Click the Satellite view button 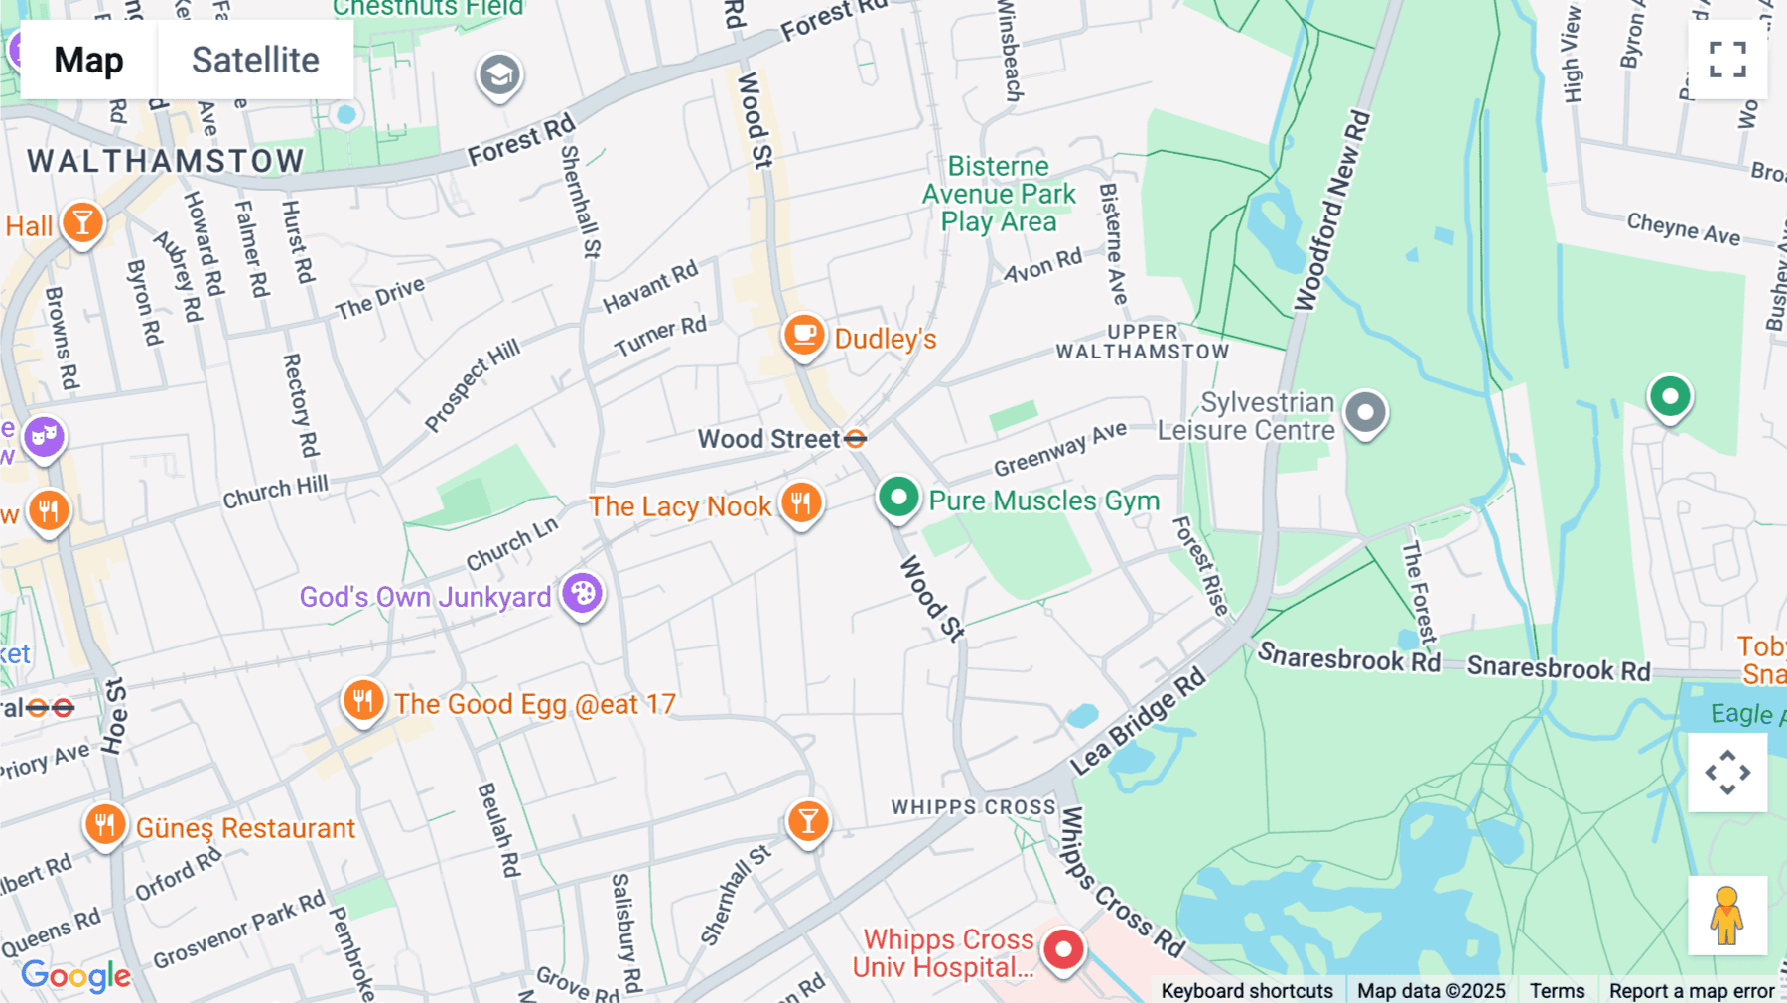[255, 60]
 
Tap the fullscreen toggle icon [1727, 60]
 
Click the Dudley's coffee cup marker [804, 335]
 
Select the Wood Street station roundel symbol [856, 438]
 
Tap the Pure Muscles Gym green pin [898, 496]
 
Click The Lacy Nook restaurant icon [801, 502]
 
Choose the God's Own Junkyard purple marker [583, 594]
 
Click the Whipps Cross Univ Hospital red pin [1063, 949]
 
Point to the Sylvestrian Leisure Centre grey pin [1365, 411]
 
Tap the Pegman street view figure [1726, 916]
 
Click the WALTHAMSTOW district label [166, 161]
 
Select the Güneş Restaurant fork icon [105, 824]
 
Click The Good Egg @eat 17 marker [363, 701]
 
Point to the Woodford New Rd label [1332, 211]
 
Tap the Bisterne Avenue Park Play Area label [998, 194]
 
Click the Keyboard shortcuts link [1247, 991]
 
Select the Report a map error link [1692, 991]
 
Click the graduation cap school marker [499, 74]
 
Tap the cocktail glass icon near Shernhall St [808, 821]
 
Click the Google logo [76, 975]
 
